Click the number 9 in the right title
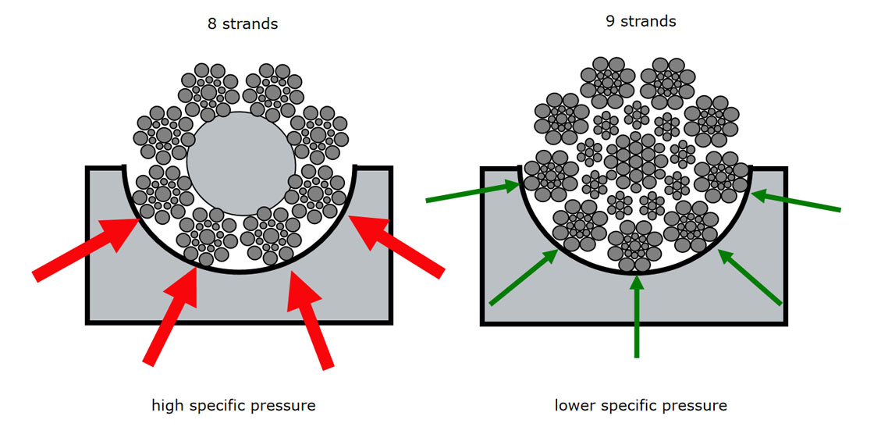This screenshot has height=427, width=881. point(611,21)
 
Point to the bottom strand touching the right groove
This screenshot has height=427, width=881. point(634,244)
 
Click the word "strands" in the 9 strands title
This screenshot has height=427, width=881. point(649,21)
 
